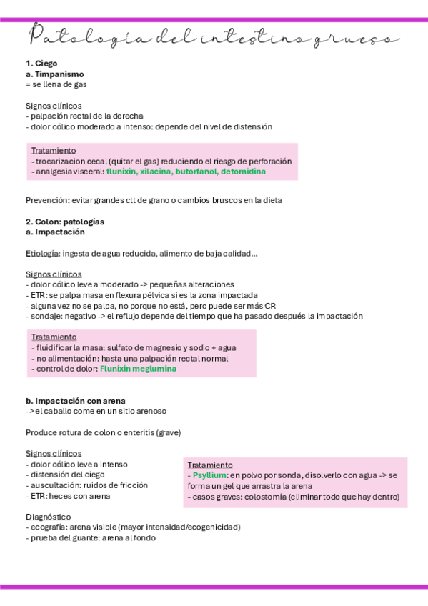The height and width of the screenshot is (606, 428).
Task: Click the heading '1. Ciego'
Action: (41, 64)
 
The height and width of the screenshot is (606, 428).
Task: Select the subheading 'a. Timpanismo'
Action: (54, 74)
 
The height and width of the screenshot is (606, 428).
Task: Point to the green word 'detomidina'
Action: (243, 172)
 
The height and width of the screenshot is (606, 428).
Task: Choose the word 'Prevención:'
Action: (47, 200)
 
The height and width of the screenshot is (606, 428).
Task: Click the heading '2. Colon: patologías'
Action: (65, 222)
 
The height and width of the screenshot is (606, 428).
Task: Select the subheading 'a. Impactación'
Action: (55, 232)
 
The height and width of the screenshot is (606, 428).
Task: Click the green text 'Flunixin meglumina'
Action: (138, 369)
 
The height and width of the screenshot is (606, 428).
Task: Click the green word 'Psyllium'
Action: (209, 475)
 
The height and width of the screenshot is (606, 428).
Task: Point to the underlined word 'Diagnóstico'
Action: (48, 516)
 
